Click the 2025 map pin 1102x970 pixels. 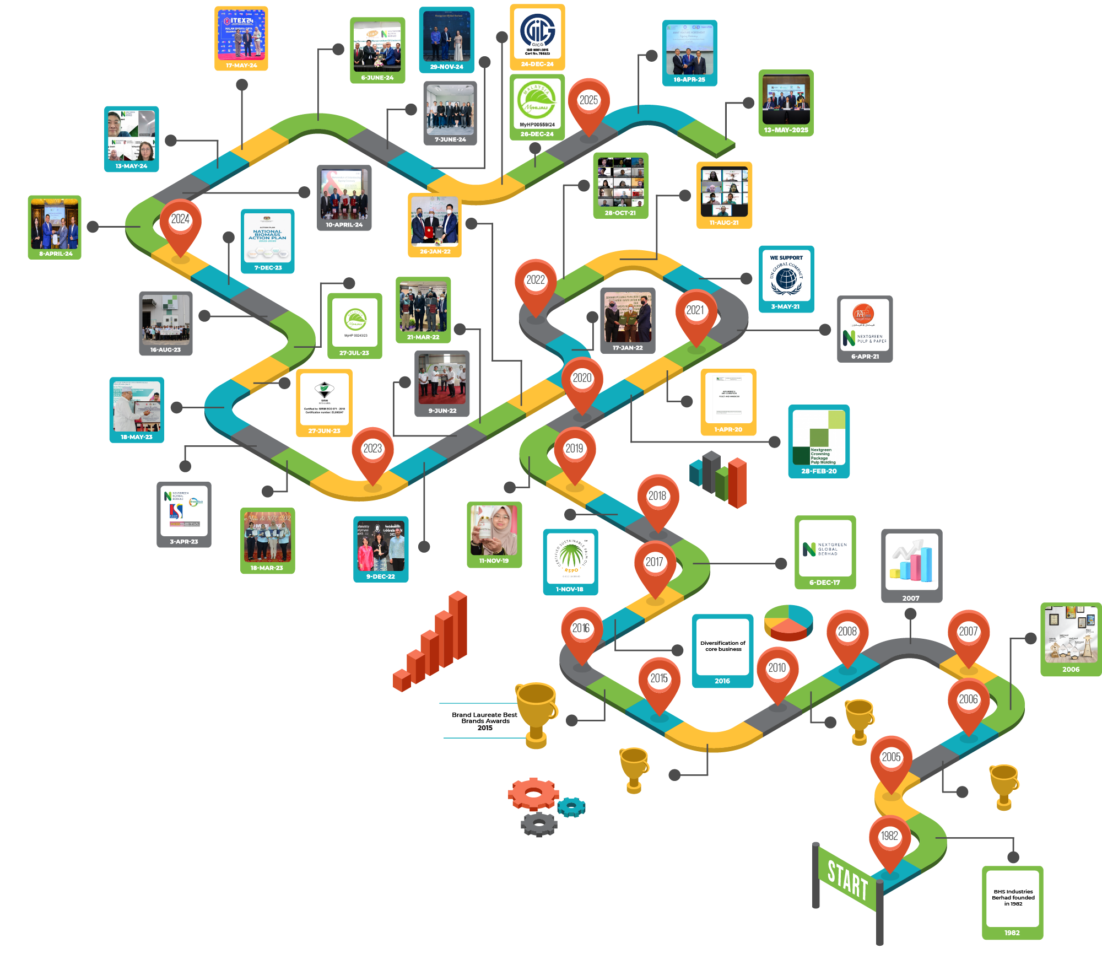tap(588, 103)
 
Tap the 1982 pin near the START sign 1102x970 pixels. tap(889, 838)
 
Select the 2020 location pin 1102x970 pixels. tap(582, 380)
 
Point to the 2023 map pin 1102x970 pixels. tap(372, 451)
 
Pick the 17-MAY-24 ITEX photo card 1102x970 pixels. tap(241, 38)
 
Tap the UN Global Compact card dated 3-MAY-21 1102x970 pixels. tap(786, 278)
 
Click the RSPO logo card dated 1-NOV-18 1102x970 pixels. tap(570, 562)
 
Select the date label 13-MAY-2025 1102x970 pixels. tap(786, 130)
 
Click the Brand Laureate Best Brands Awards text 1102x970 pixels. tap(484, 721)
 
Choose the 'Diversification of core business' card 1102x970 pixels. tap(722, 650)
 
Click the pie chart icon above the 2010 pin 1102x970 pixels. tap(788, 622)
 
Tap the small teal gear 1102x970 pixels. tap(571, 807)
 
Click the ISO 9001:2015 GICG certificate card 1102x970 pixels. tap(537, 36)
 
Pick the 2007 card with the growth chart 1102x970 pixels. tap(911, 565)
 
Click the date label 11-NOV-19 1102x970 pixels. tap(494, 561)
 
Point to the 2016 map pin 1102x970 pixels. tap(581, 630)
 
